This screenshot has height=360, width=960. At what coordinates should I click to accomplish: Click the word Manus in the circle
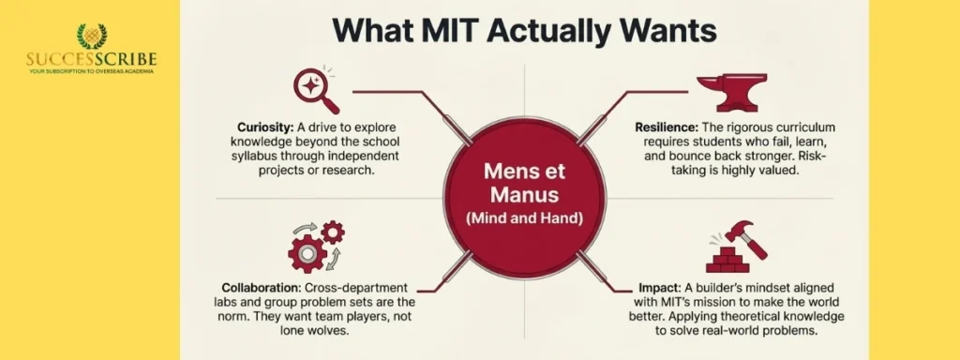coord(524,196)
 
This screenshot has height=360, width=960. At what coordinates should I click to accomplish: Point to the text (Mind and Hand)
coord(524,220)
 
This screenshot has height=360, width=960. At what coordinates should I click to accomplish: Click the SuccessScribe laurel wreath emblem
coord(91,37)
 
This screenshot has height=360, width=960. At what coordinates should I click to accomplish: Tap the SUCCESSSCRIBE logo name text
coord(91,59)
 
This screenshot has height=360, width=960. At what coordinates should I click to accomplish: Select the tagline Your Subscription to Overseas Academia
coord(91,72)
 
